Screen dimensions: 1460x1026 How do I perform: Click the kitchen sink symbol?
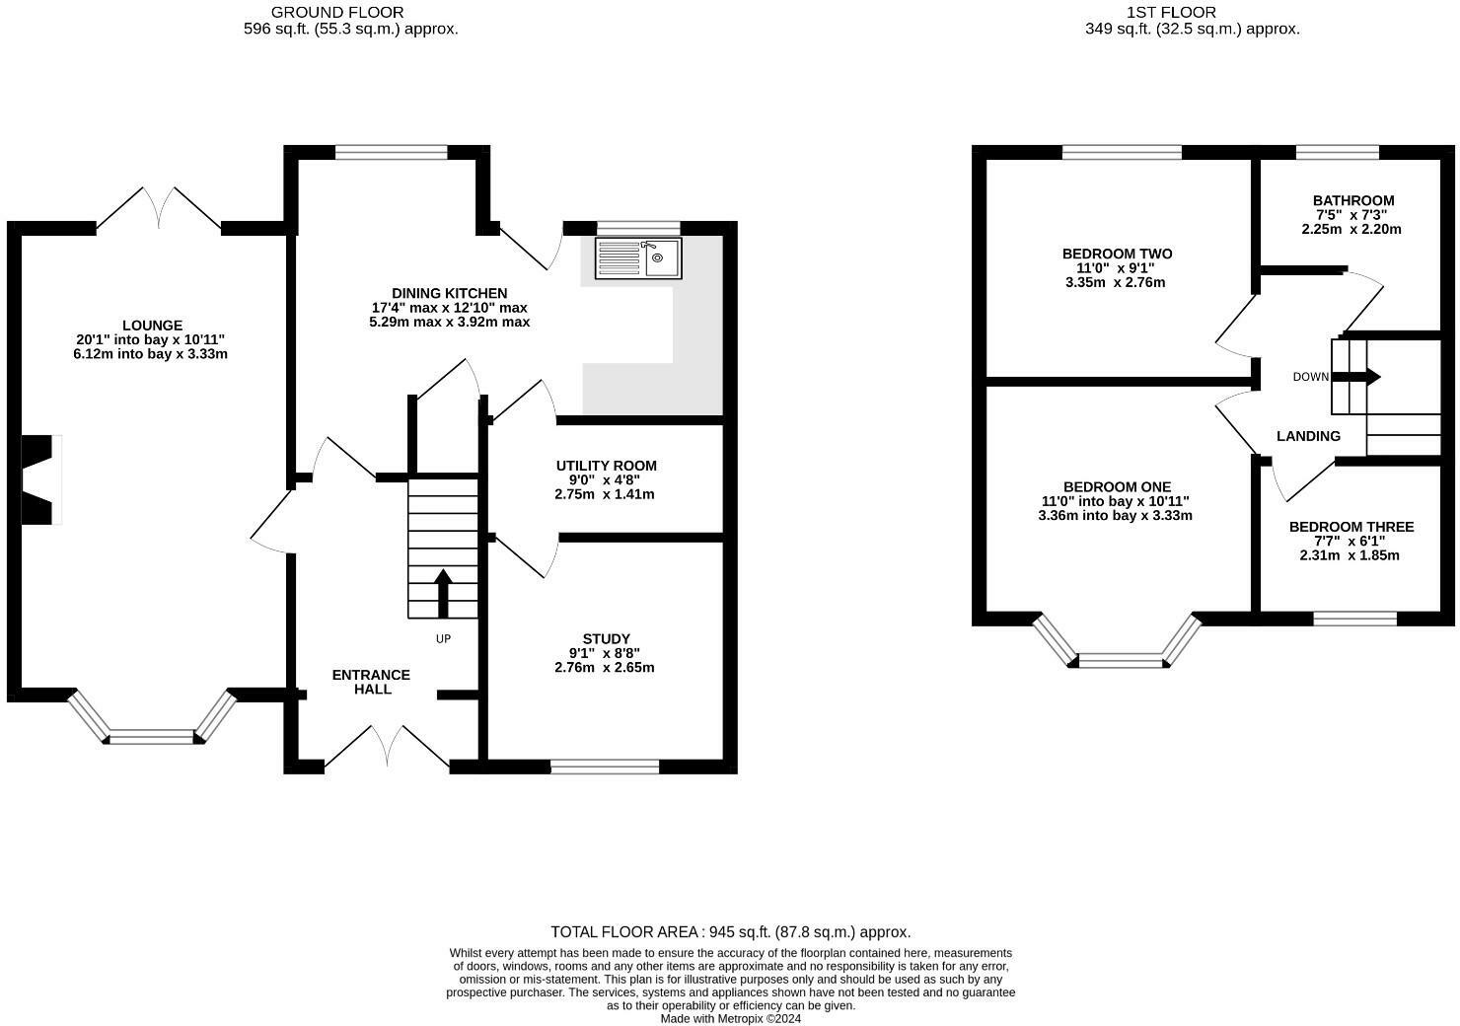pos(638,258)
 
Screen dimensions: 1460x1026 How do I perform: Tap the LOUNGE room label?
pos(153,326)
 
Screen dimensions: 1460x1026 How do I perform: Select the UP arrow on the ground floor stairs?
pos(443,593)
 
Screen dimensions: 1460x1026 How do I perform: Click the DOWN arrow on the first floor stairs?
pos(1355,377)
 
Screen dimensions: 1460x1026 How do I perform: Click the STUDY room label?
pos(606,639)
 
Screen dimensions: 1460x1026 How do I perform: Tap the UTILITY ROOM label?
pos(606,466)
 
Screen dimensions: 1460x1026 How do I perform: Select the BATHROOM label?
pos(1353,201)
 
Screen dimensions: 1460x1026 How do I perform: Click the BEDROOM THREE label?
pos(1351,527)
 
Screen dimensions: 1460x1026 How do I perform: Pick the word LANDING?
pos(1308,436)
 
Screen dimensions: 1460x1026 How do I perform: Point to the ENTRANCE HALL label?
pos(372,682)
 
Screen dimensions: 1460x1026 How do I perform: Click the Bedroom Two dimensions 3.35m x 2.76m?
pos(1115,282)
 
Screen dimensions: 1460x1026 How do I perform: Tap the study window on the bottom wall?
pos(605,767)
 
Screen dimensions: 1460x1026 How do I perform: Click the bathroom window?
pos(1338,153)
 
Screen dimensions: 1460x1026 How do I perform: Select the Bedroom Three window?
pos(1355,619)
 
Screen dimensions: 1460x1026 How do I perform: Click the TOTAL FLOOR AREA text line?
pos(731,931)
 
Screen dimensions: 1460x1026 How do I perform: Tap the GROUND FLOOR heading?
pos(337,13)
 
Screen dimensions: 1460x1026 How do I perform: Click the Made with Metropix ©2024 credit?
pos(731,1018)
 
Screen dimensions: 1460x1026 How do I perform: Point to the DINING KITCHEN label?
pos(449,293)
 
